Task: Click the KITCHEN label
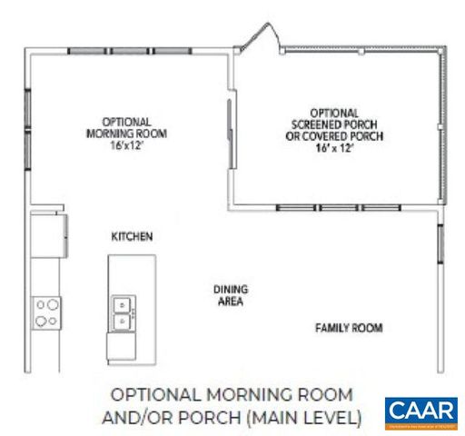(132, 236)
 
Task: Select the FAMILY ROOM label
(348, 327)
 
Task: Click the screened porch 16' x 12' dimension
(333, 147)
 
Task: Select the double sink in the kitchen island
(122, 311)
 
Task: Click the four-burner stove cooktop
(46, 312)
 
